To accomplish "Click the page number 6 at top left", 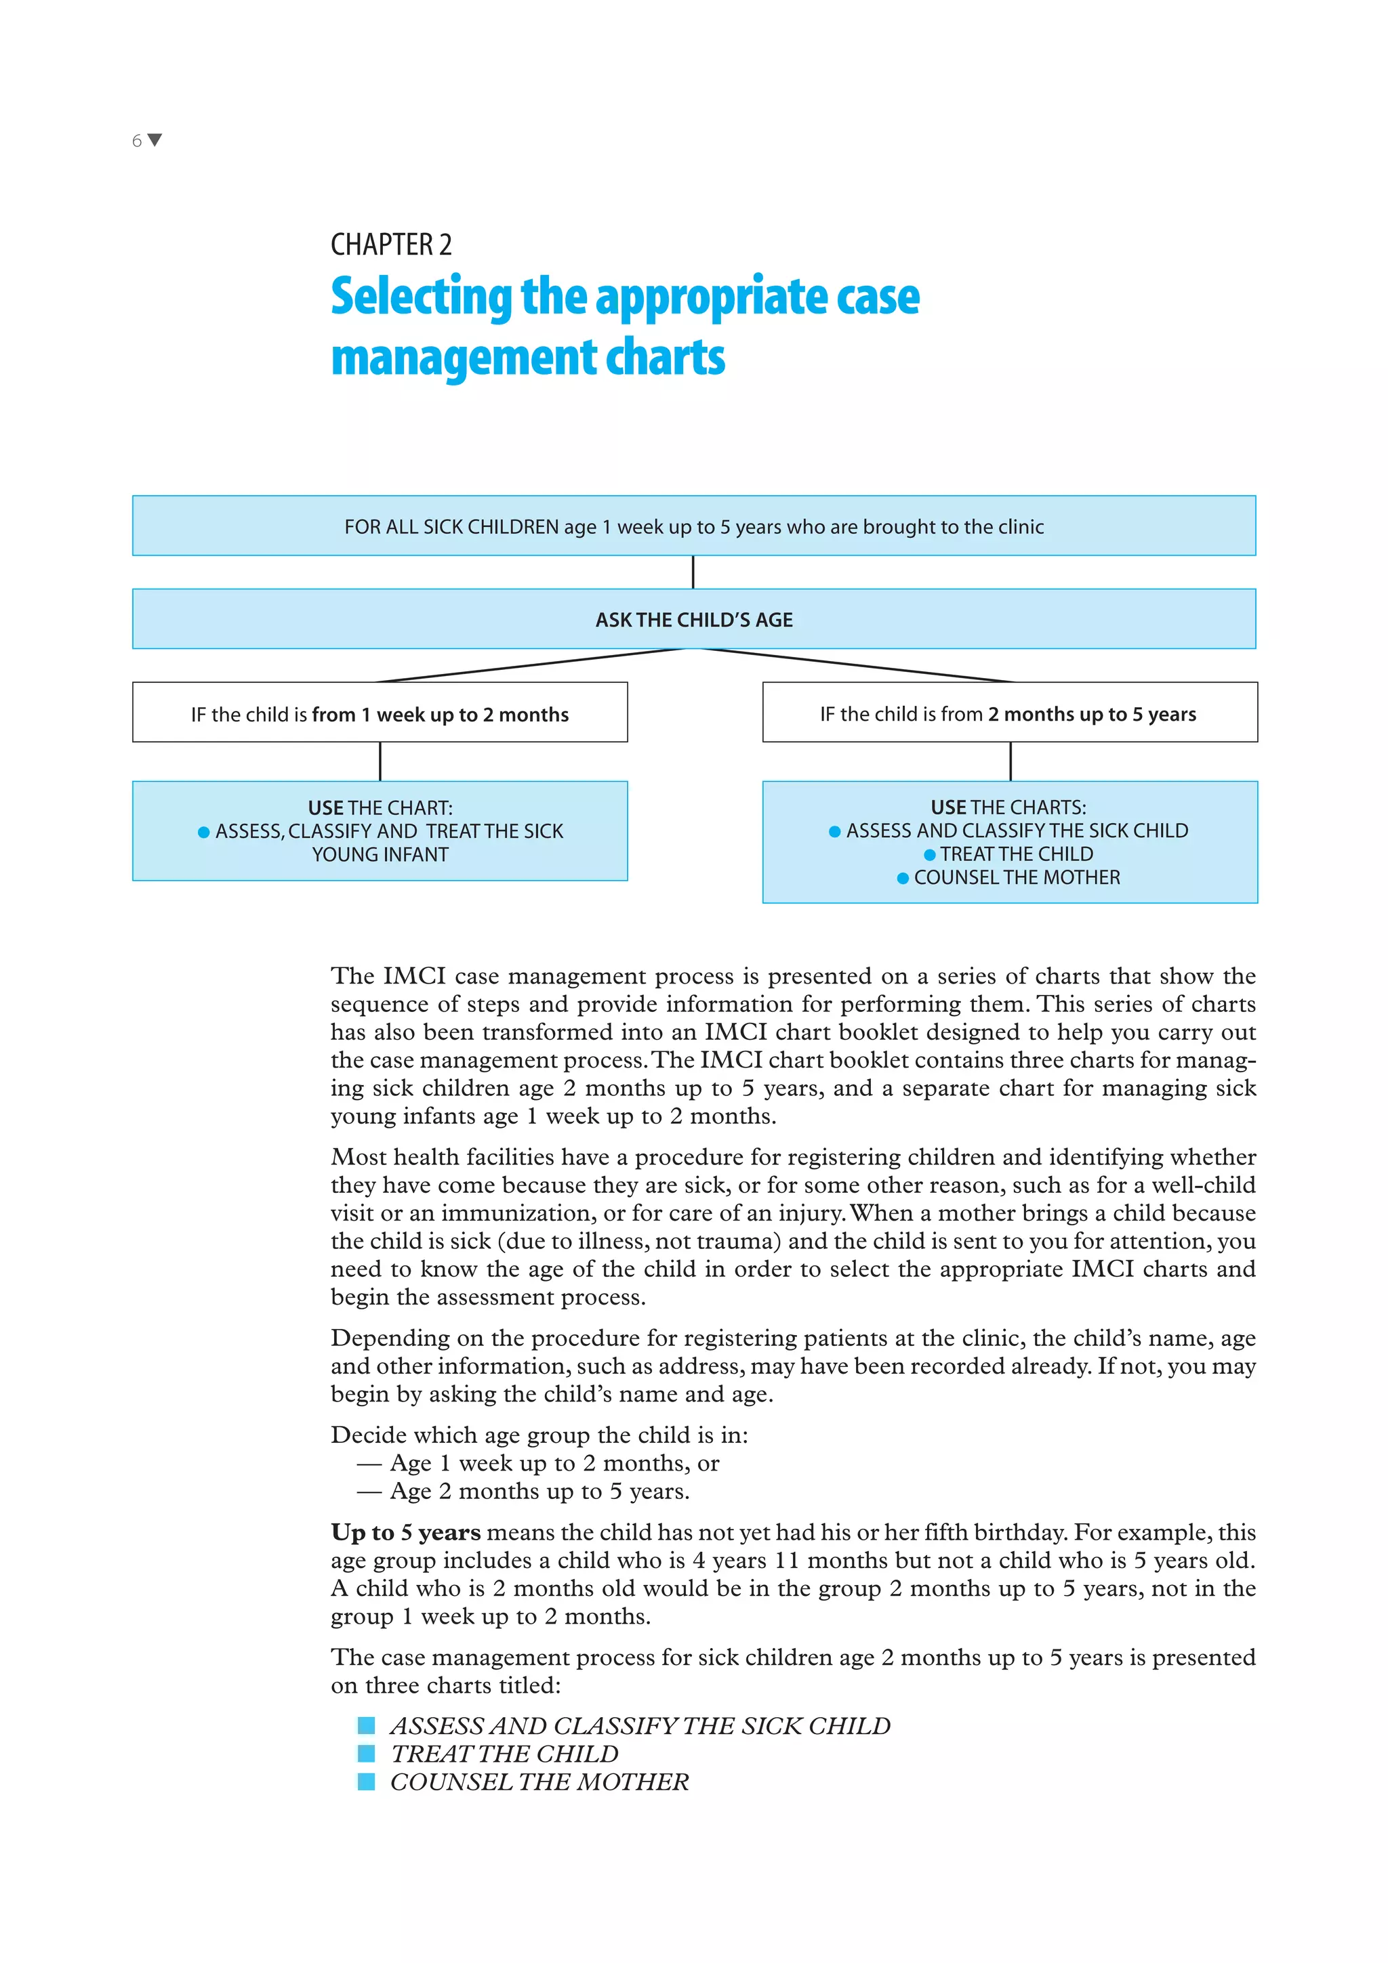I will (x=137, y=141).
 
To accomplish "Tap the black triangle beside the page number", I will (x=155, y=140).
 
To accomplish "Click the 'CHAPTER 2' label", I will (x=391, y=245).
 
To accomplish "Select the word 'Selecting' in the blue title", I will (x=421, y=297).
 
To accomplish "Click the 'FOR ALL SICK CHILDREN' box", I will (x=693, y=526).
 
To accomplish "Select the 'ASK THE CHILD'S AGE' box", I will (x=693, y=619).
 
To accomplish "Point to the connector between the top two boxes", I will (x=693, y=572).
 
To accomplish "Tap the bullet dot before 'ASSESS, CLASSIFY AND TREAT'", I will (x=203, y=832).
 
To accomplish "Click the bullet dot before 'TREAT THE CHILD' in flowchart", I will (x=930, y=854).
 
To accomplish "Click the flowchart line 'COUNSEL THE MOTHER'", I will (x=1016, y=877).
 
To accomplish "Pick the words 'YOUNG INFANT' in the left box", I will (x=380, y=854).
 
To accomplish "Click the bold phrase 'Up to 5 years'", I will (x=405, y=1532).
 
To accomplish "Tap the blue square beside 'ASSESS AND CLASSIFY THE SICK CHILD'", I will (x=366, y=1725).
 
